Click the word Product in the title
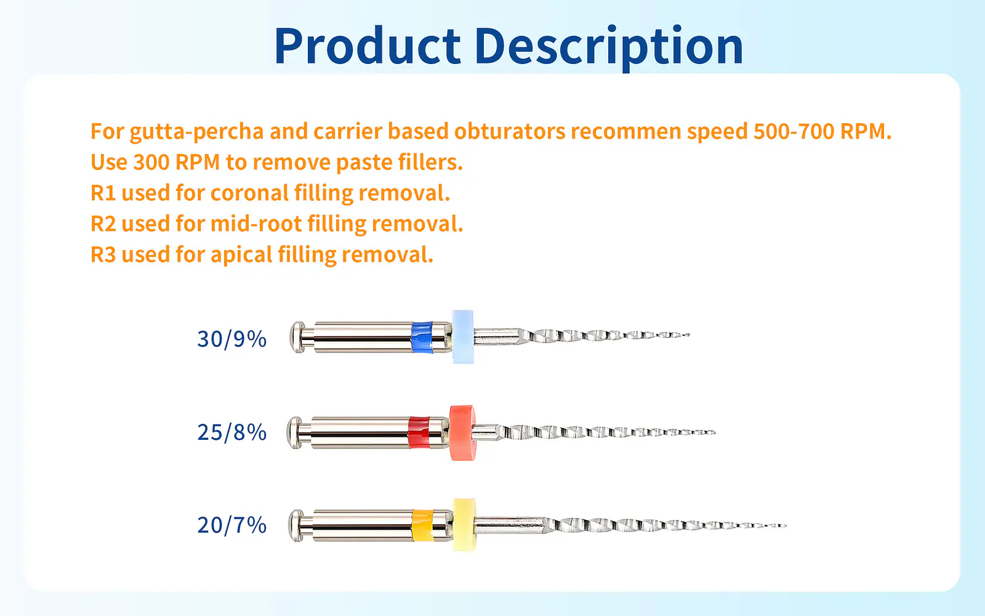pos(368,46)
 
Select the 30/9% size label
pos(231,339)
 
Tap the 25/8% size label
pos(231,432)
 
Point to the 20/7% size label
pos(231,525)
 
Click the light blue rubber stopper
pos(463,336)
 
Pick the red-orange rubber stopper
pos(462,433)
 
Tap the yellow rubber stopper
pos(464,524)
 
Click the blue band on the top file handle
pos(422,337)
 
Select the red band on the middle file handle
pos(419,432)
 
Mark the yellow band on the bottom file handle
pos(422,525)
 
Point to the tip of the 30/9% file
pos(689,335)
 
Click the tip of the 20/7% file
pos(786,525)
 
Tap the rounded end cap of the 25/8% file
pos(295,432)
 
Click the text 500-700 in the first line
pos(794,131)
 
